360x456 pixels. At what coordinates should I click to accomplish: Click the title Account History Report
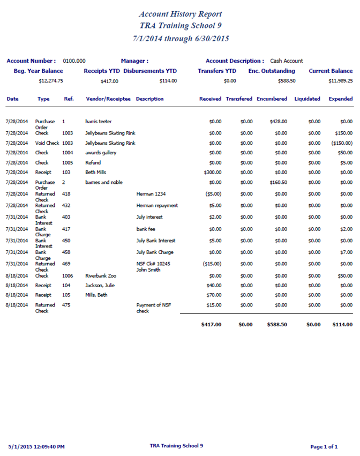click(x=180, y=14)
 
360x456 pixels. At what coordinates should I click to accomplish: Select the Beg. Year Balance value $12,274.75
click(x=51, y=81)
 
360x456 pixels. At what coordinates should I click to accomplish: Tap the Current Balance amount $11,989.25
click(x=340, y=81)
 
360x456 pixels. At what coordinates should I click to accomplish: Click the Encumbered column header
click(x=272, y=99)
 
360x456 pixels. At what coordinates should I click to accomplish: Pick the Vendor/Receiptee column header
click(x=108, y=99)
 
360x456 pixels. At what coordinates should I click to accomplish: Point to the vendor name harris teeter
click(x=99, y=122)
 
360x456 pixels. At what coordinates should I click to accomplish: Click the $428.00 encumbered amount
click(x=279, y=122)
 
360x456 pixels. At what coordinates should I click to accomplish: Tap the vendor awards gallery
click(x=101, y=153)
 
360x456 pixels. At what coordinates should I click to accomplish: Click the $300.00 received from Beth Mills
click(x=213, y=173)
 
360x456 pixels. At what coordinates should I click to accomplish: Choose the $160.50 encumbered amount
click(x=279, y=182)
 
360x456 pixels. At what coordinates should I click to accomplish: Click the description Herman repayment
click(x=157, y=205)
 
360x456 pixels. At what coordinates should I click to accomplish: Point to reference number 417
click(x=66, y=229)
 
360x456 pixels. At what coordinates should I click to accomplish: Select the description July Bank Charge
click(x=155, y=252)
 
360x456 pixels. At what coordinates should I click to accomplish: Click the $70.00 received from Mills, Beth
click(x=214, y=295)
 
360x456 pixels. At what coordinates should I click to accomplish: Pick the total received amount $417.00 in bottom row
click(x=211, y=324)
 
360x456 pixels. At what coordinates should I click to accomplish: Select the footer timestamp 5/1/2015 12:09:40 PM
click(x=37, y=446)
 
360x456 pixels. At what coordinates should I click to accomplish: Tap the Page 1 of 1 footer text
click(x=324, y=446)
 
